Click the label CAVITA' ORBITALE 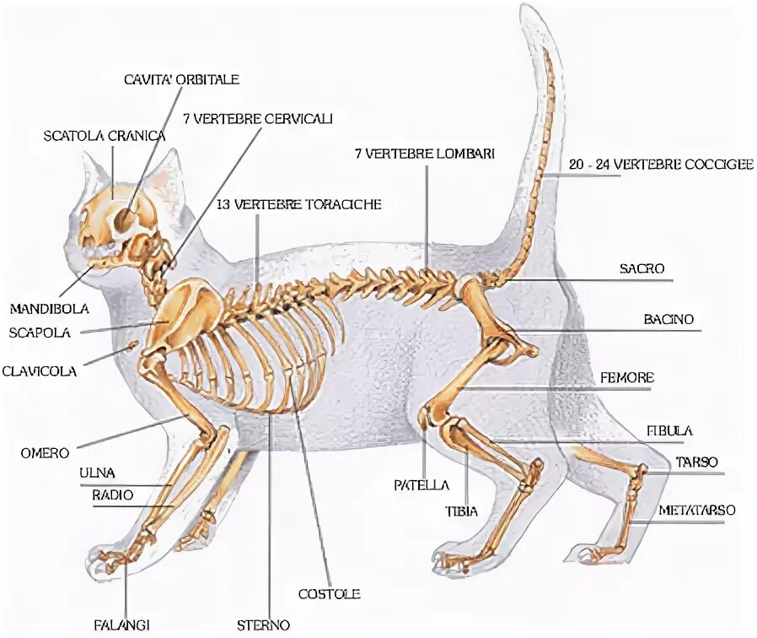tap(181, 79)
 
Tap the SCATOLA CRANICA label tap(105, 135)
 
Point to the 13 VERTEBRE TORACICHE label tap(299, 204)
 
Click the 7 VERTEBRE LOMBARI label tap(424, 154)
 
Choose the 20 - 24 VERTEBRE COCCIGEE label tap(660, 165)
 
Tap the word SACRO tap(642, 268)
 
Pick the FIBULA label tap(669, 430)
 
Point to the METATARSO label tap(697, 511)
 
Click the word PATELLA tap(421, 485)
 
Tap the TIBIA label tap(461, 511)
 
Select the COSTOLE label tap(329, 594)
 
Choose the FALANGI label tap(126, 625)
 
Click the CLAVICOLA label tap(40, 370)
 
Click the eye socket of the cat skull tap(123, 220)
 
